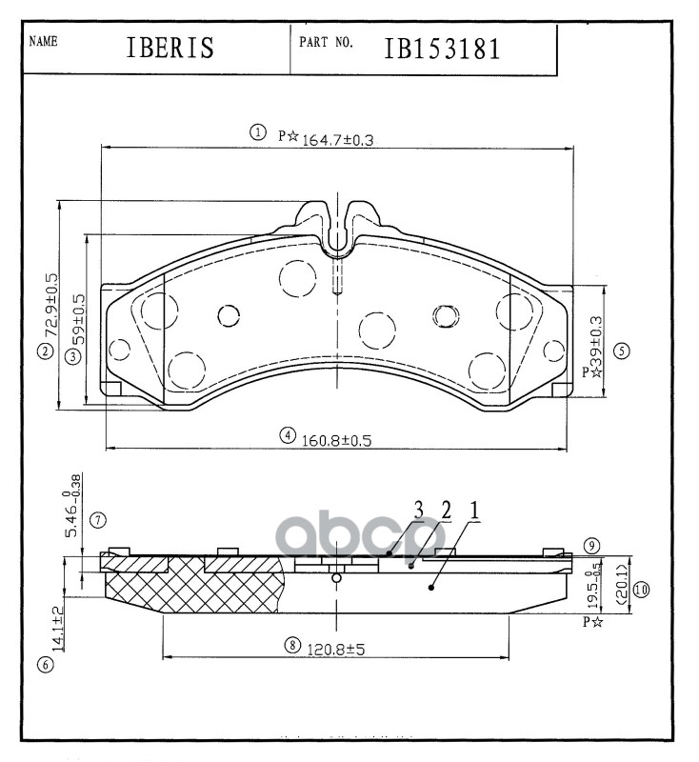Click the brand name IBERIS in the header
tap(170, 50)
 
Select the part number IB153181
tap(442, 50)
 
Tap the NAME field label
tap(44, 42)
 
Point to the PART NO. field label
tap(327, 43)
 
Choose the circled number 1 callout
tap(256, 132)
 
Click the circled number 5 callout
tap(622, 351)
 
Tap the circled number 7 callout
tap(96, 520)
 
